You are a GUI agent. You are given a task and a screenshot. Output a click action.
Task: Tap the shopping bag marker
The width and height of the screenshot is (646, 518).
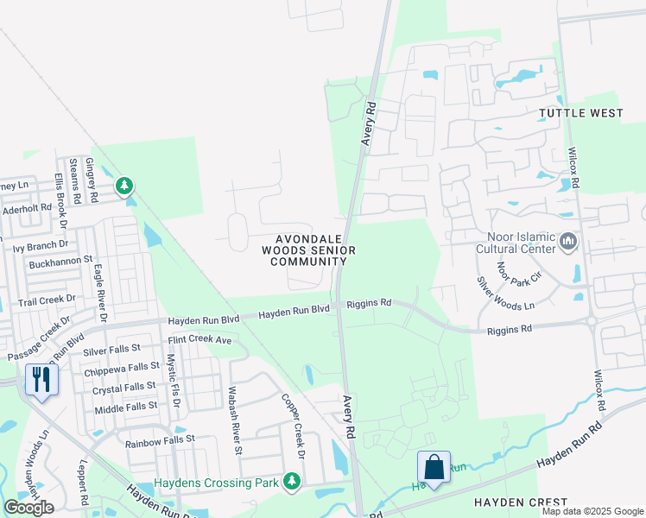click(x=434, y=467)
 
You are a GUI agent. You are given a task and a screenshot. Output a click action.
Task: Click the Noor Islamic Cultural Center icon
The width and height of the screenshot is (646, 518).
click(x=568, y=241)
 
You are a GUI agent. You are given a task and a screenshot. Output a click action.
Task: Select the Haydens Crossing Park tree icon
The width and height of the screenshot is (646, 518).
click(x=293, y=481)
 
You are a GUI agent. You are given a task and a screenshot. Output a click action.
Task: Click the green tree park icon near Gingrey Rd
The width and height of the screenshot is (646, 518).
click(x=125, y=185)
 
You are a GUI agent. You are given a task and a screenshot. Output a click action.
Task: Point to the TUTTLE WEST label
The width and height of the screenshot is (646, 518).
click(x=580, y=113)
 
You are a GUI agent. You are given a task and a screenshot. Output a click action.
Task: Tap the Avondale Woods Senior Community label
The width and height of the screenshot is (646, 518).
click(x=309, y=250)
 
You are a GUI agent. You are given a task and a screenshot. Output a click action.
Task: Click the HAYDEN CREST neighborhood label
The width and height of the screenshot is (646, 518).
click(x=520, y=502)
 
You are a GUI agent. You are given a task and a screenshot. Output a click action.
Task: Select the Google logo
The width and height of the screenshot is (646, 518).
click(x=28, y=508)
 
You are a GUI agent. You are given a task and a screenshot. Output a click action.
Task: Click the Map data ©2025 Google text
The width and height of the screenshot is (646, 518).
click(x=592, y=511)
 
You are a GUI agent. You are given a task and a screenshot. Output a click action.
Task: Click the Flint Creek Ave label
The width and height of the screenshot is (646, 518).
click(x=200, y=340)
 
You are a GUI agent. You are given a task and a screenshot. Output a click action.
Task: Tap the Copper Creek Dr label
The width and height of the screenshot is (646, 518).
click(x=294, y=426)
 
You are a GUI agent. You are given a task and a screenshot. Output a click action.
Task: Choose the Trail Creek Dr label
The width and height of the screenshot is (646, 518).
click(x=47, y=300)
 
